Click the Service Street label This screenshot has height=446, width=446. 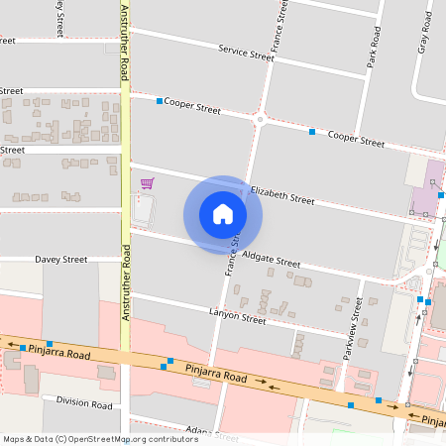246,53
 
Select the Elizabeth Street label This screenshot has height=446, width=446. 282,193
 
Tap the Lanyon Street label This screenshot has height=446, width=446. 238,317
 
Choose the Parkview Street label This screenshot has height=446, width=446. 352,326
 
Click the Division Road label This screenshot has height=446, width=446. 84,404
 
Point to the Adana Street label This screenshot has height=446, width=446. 212,434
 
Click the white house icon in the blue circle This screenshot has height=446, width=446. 223,214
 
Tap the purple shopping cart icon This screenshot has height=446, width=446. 147,183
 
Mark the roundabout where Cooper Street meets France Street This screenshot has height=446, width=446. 260,119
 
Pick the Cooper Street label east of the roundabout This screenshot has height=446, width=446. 355,139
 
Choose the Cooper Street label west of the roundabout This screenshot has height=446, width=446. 192,104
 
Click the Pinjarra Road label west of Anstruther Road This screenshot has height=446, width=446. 58,352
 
